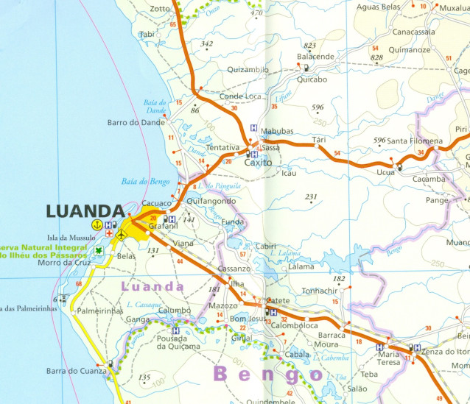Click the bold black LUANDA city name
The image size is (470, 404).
pos(84,211)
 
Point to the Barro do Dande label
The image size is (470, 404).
pos(136,123)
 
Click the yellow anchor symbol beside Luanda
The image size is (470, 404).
pos(95,224)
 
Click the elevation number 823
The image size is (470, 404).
pos(309,46)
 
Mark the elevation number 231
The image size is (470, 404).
pos(311,196)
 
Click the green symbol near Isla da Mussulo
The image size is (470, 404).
pos(99,249)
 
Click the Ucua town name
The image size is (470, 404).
pos(385,172)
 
